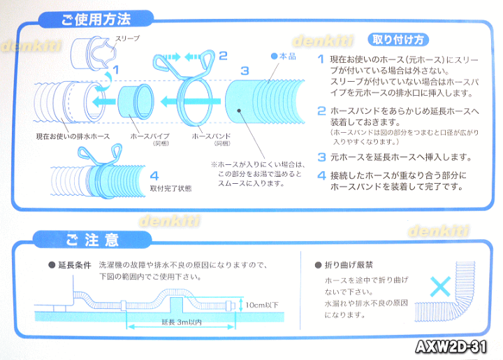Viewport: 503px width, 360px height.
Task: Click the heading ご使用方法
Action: [96, 20]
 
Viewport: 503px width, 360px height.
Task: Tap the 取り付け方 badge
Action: [398, 40]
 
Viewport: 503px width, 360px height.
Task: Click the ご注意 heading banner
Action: [92, 240]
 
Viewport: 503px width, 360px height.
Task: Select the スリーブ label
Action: [127, 38]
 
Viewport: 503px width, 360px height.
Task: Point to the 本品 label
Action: [284, 56]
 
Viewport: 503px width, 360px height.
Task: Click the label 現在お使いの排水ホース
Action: [73, 137]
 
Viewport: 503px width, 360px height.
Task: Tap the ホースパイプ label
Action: [150, 136]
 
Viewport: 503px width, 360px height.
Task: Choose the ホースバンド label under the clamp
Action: [212, 136]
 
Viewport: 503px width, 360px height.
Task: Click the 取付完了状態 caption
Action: [170, 188]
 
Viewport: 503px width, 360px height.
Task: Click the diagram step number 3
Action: [245, 71]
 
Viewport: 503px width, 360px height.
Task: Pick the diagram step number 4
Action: [154, 175]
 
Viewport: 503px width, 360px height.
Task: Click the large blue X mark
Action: [440, 287]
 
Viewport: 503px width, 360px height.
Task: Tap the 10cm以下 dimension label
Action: [262, 305]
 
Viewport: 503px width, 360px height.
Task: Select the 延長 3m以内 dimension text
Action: [182, 322]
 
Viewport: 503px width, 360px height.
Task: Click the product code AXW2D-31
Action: [451, 347]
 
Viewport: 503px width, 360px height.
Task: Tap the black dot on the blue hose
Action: [239, 110]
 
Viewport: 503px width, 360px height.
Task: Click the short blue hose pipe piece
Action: [136, 102]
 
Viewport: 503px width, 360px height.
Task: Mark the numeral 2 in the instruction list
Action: [321, 111]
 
